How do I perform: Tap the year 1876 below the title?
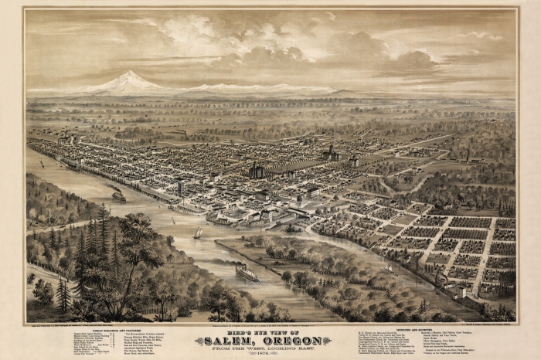[x=270, y=355]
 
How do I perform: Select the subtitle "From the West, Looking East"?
[x=270, y=350]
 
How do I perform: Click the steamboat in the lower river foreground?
[x=247, y=272]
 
